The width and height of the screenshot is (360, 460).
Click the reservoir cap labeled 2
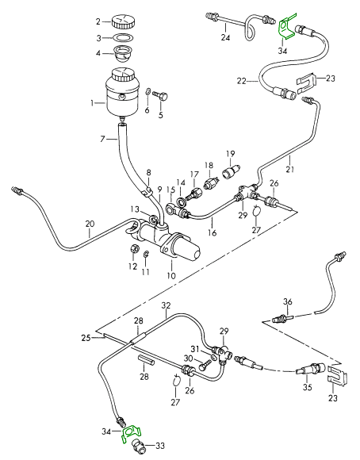124,21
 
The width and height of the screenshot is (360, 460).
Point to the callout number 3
99,38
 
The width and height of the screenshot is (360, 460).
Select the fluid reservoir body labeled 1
122,94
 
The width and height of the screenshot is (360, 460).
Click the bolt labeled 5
160,95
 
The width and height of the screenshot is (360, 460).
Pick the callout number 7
102,139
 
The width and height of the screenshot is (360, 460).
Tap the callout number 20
90,224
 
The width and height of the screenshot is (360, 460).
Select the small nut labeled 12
134,249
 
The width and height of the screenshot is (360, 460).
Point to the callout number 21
290,169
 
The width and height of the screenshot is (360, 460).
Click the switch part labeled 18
211,183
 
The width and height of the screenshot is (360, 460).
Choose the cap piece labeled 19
232,171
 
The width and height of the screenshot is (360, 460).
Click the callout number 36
288,301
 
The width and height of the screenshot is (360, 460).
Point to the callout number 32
166,305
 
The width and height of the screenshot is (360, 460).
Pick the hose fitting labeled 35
310,369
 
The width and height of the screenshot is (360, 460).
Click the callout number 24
226,37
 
